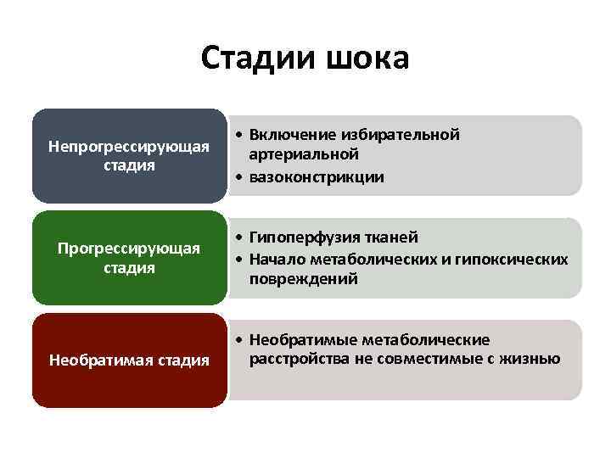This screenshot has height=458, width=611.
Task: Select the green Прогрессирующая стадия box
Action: point(129,258)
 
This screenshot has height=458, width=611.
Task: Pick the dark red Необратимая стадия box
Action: point(129,360)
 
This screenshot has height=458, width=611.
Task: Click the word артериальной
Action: point(305,155)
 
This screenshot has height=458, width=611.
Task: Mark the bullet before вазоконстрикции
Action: point(240,177)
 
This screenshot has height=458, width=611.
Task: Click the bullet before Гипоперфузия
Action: point(240,237)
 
